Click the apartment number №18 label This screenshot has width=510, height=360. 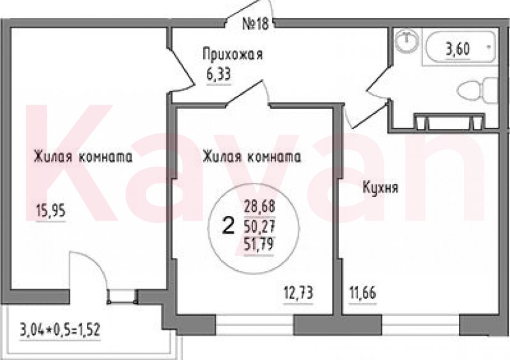click(256, 24)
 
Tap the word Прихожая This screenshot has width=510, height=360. click(233, 54)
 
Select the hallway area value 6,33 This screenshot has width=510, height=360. click(219, 74)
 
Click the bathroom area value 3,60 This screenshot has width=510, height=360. click(458, 49)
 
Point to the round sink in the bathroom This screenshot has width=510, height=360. click(406, 41)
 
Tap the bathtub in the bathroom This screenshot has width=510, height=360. click(459, 49)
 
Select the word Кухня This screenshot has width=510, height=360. click(380, 188)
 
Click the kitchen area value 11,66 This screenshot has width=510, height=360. click(363, 294)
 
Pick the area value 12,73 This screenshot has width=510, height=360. click(298, 294)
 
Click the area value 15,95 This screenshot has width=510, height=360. click(51, 211)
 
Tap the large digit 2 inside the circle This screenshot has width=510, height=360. click(228, 226)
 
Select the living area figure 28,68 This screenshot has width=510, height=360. click(259, 207)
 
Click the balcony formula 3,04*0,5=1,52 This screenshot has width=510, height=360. click(60, 330)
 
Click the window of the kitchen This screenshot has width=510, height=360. click(420, 324)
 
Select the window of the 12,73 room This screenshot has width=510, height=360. click(254, 324)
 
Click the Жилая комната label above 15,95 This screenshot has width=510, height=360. click(83, 157)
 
